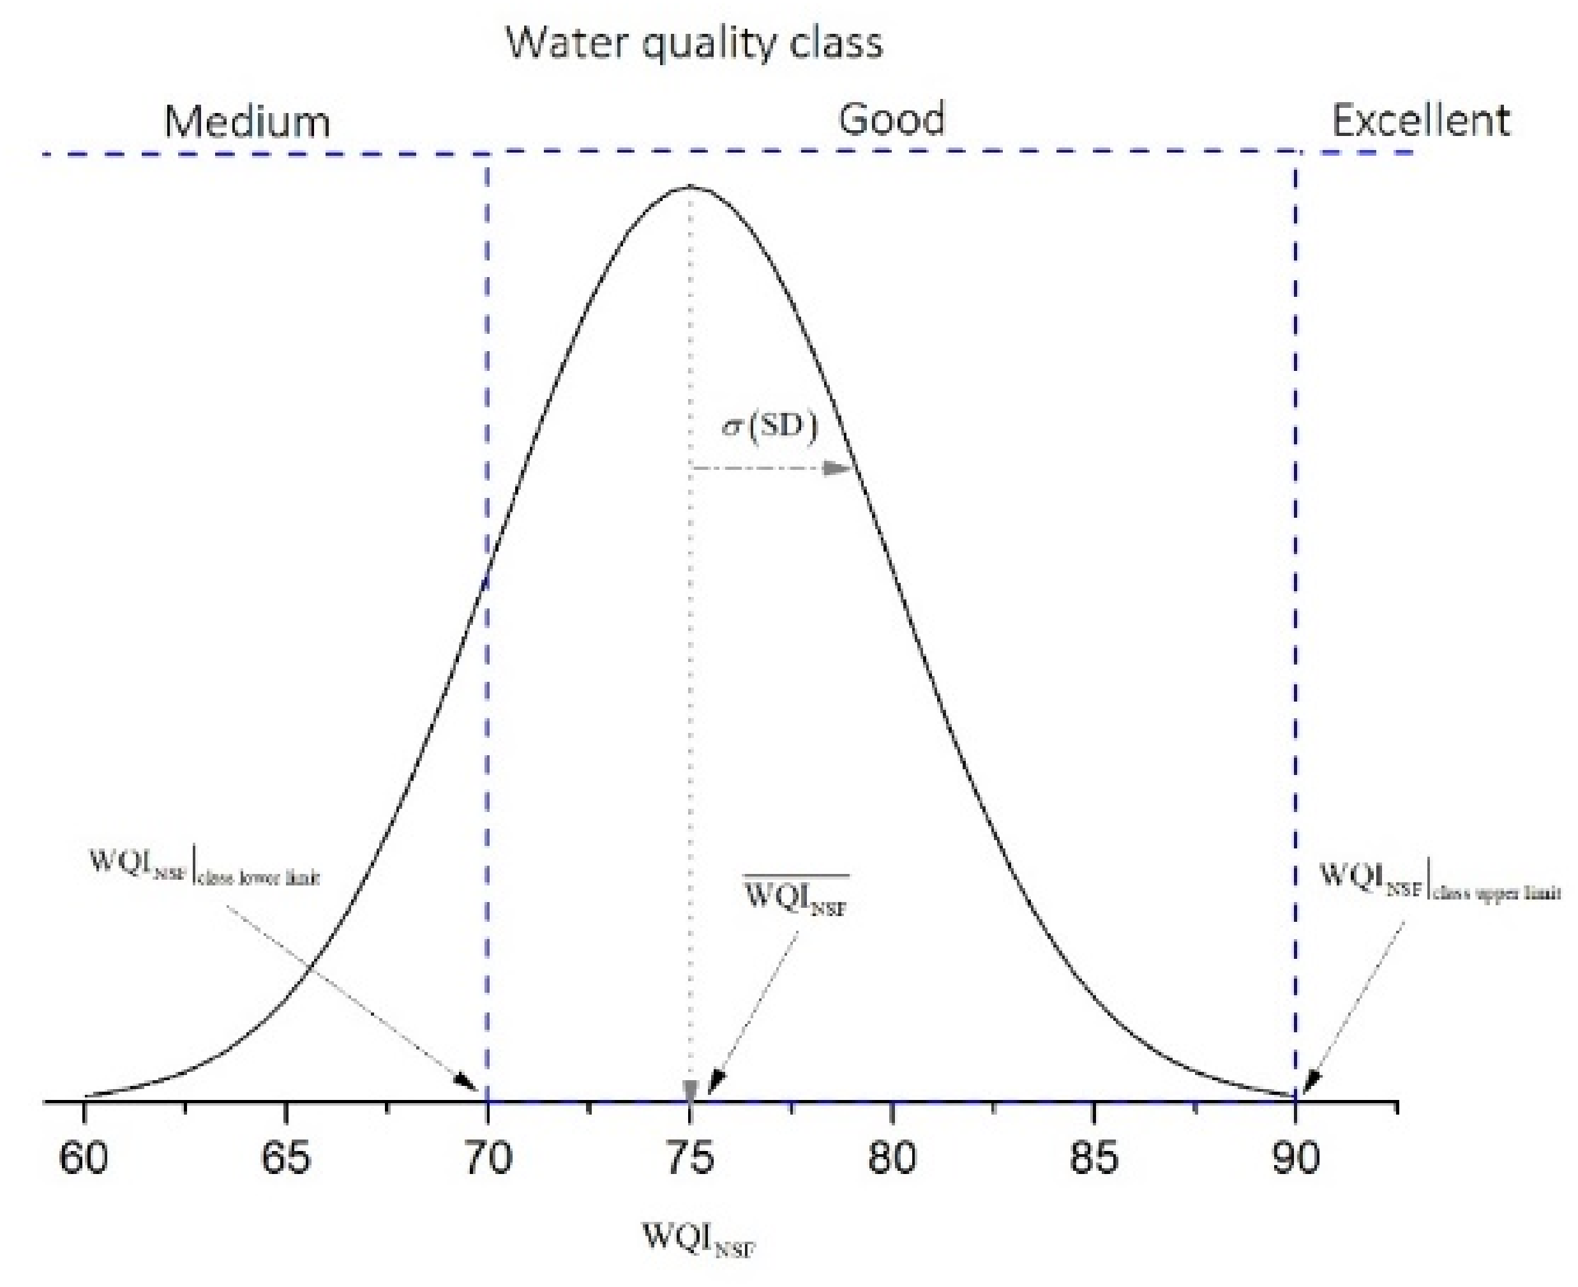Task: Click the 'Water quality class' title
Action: point(694,43)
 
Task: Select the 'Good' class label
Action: point(892,119)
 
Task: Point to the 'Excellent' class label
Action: point(1420,120)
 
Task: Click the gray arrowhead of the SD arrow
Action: point(838,468)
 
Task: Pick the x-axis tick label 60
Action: point(84,1158)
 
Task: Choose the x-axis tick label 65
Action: point(286,1158)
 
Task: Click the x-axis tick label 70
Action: point(488,1158)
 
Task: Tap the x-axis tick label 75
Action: point(690,1158)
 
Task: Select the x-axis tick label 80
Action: point(892,1158)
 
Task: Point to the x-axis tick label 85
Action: point(1093,1158)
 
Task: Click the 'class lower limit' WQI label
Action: point(204,867)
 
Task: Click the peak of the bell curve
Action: point(690,187)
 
